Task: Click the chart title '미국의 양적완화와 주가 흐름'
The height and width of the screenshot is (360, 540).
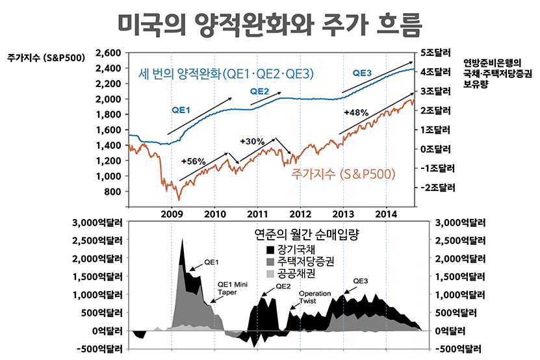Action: click(270, 25)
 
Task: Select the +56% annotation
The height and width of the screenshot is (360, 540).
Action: click(194, 161)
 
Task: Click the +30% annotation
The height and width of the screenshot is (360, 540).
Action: click(252, 141)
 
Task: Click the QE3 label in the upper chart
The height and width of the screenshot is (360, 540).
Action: click(362, 73)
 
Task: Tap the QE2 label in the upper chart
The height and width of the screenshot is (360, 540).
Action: click(259, 91)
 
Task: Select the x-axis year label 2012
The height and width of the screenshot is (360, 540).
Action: click(300, 214)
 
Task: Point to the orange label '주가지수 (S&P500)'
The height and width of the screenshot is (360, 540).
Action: click(344, 174)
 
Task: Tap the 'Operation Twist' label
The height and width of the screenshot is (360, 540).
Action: click(315, 297)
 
